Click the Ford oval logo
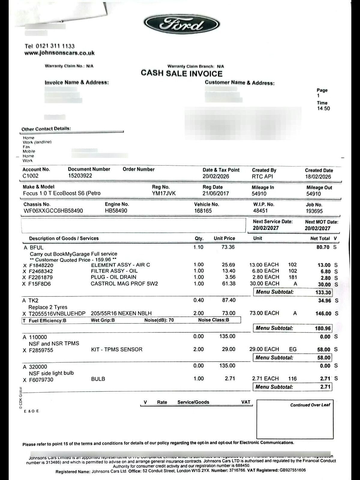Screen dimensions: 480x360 (x=182, y=25)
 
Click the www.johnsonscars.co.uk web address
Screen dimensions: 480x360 (x=59, y=53)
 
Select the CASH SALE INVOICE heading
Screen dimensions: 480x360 (x=182, y=73)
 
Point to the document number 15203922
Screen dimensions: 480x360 (x=80, y=176)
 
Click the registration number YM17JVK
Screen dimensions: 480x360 (x=164, y=193)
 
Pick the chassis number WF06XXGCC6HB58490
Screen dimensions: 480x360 (x=53, y=211)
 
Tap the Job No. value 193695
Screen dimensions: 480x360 (x=314, y=211)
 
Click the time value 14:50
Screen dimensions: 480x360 (x=323, y=109)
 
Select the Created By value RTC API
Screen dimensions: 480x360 (x=262, y=177)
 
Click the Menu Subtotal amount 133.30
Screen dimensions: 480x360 (x=323, y=292)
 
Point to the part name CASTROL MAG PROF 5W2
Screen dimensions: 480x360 (x=124, y=284)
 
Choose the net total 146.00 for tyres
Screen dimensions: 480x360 (x=323, y=313)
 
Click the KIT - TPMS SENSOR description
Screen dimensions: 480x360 (x=117, y=349)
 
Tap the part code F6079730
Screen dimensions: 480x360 (x=41, y=380)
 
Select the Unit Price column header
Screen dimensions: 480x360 (x=224, y=238)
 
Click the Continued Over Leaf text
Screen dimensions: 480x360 (x=310, y=405)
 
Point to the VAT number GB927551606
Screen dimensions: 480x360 (x=292, y=470)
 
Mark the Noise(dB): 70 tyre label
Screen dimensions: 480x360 (x=159, y=320)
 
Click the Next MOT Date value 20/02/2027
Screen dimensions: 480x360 (x=318, y=228)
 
